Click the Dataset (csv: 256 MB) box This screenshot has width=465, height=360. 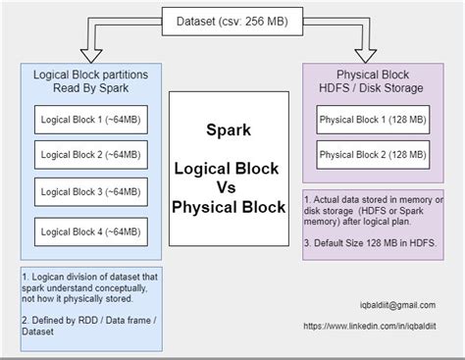tap(233, 19)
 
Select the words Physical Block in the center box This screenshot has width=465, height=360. tap(229, 207)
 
